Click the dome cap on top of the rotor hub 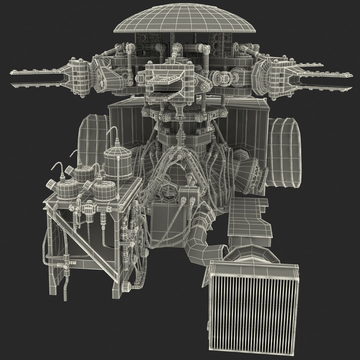[x=185, y=20]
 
